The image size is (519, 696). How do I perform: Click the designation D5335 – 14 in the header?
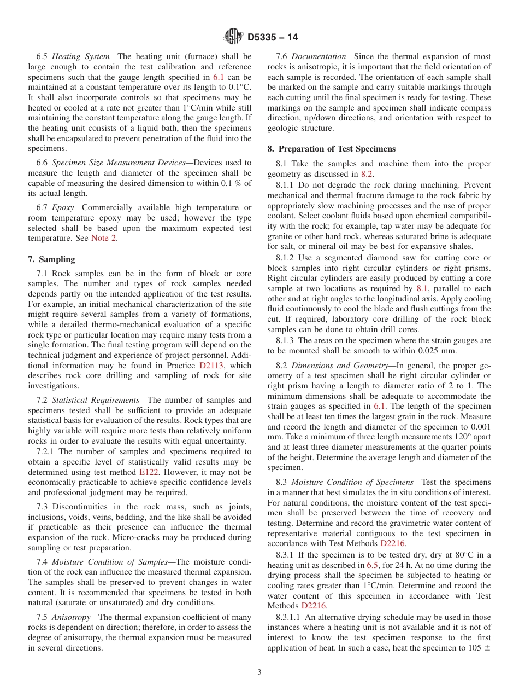point(273,38)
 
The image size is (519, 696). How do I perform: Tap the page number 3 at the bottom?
point(259,672)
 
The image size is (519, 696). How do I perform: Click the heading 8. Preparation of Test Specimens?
point(332,149)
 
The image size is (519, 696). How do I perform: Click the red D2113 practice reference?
point(213,366)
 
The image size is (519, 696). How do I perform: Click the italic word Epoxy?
point(64,207)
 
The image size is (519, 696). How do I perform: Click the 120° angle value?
point(446,437)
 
